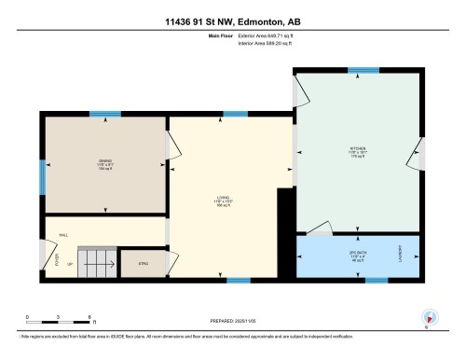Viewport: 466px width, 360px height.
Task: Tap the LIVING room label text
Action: [x=224, y=198]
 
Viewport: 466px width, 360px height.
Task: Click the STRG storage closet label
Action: [x=143, y=264]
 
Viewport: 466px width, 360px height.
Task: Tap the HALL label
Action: [x=64, y=234]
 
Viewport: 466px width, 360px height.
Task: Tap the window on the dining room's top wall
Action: [x=104, y=115]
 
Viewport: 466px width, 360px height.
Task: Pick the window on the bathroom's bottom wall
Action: [x=376, y=279]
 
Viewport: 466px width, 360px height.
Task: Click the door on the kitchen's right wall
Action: [x=421, y=154]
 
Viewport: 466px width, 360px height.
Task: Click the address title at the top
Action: [x=233, y=21]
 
